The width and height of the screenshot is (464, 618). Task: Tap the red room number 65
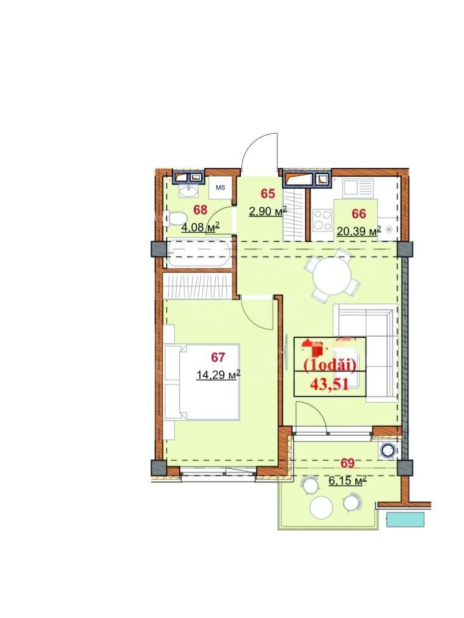268,194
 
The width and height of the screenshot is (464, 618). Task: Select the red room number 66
359,213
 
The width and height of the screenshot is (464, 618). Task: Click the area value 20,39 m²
358,230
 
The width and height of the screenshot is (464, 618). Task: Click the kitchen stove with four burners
322,219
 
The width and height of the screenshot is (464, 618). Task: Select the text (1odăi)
330,366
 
